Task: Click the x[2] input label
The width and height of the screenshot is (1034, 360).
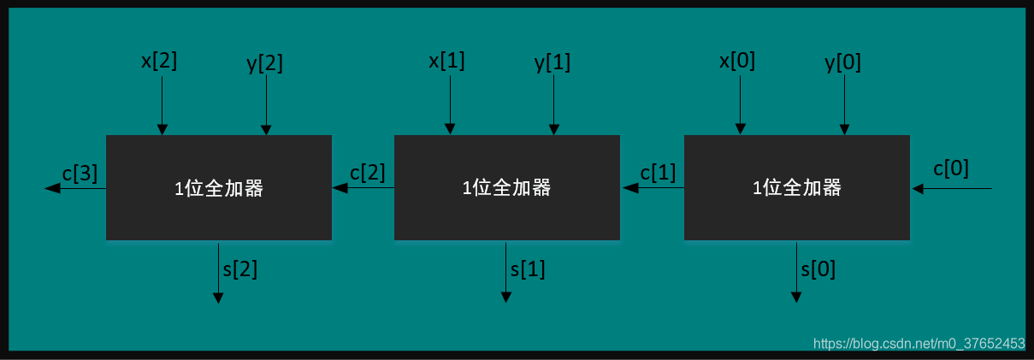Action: coord(159,61)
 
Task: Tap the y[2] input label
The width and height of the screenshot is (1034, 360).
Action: coord(265,62)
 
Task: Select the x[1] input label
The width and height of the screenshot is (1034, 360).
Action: coord(446,61)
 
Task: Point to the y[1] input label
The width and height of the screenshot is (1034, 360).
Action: coord(552,62)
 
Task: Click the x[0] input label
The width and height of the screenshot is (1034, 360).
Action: coord(737,61)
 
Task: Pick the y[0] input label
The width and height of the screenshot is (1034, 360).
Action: coord(843,62)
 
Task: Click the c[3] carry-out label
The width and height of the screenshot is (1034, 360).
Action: coord(80,174)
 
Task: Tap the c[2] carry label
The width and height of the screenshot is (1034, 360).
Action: coord(368,172)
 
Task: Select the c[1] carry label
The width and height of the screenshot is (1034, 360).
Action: coord(658,172)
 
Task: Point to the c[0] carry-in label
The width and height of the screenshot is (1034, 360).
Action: coord(951,168)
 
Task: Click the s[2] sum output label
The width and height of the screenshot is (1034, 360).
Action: coord(239,269)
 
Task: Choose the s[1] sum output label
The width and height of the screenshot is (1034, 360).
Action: coord(528,269)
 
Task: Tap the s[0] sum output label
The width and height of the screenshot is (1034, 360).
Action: coord(818,269)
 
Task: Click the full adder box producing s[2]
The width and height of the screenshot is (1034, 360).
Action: coord(219,188)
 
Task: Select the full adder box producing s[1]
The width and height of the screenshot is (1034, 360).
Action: coord(506,188)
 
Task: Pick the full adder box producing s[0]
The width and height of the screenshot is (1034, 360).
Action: coord(797,188)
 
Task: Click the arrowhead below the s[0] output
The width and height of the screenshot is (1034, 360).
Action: coord(796,297)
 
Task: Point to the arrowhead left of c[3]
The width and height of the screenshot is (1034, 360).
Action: coord(51,188)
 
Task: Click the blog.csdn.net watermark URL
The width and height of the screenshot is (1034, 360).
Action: coord(919,344)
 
